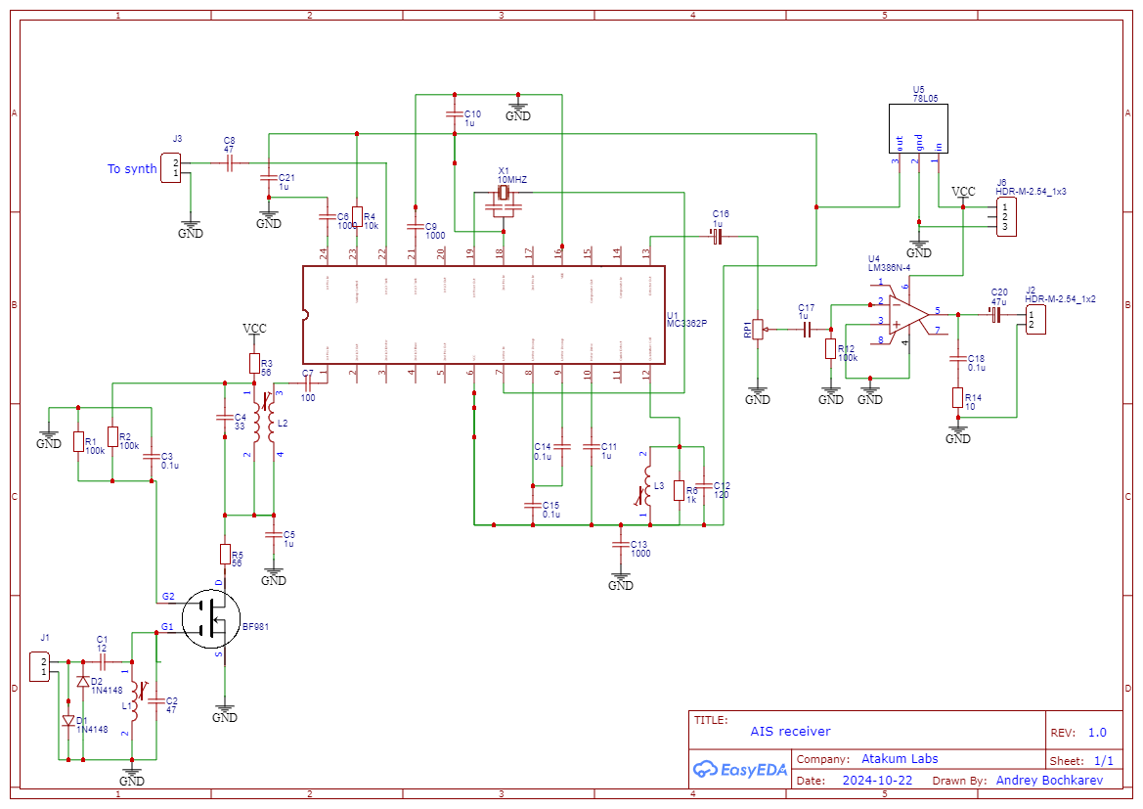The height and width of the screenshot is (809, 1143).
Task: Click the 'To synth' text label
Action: (132, 169)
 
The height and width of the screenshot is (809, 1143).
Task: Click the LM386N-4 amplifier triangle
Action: (906, 313)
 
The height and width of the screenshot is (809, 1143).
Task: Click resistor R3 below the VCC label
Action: (254, 365)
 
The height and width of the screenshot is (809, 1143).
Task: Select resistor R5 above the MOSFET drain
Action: (225, 554)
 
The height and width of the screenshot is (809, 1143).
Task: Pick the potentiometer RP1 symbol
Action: (758, 331)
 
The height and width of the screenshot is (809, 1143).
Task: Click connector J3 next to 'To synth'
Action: (173, 168)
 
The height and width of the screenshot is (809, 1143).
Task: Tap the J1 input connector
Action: (41, 668)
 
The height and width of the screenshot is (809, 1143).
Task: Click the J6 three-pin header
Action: (1005, 216)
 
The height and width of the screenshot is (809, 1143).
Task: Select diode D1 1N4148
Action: (68, 721)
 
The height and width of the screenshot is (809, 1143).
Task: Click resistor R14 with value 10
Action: (958, 398)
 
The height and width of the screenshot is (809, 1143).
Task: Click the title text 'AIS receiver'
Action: (790, 731)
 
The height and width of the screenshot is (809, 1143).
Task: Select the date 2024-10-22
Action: (877, 781)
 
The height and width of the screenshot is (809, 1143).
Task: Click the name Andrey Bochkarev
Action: (1049, 781)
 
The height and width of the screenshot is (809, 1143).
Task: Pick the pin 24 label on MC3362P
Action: (325, 253)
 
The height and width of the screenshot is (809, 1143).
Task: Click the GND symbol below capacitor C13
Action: (620, 581)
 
